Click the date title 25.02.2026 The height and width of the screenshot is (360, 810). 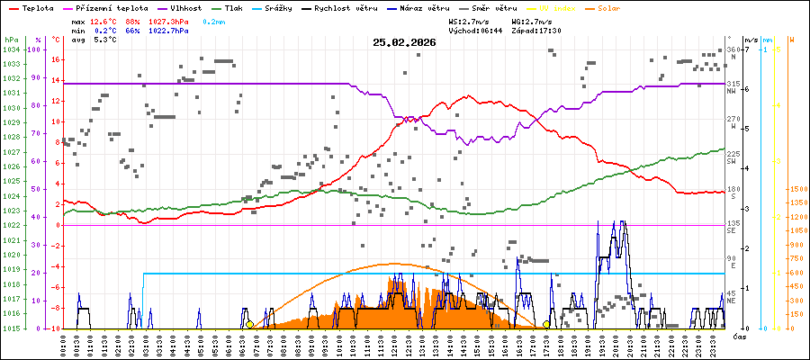tap(404, 42)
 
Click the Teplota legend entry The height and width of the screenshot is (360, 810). tap(39, 7)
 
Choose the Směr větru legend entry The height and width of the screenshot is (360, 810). tap(496, 7)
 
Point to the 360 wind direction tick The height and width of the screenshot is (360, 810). tap(732, 49)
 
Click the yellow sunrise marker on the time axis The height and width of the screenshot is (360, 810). tap(249, 324)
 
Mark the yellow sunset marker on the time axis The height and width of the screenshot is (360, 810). tap(546, 324)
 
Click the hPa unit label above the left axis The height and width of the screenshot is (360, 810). tap(10, 40)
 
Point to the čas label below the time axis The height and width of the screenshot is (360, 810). tap(738, 336)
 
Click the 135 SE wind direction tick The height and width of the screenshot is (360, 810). tap(733, 225)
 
